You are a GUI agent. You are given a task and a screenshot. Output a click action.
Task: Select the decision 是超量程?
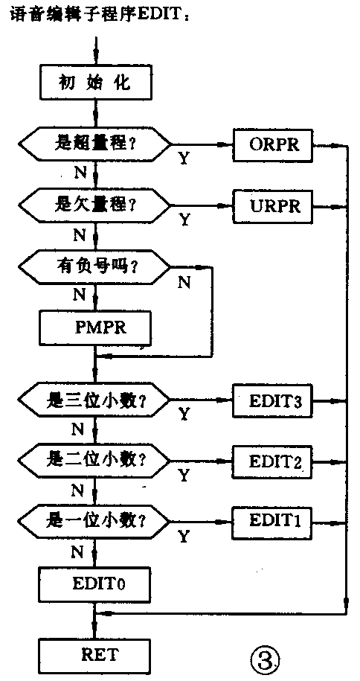94,144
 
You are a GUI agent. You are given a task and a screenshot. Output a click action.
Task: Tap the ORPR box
270,144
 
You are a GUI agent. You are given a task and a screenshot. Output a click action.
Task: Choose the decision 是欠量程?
94,203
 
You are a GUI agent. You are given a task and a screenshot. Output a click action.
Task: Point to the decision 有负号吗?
94,264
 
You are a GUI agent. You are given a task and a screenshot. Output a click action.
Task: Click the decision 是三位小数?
94,400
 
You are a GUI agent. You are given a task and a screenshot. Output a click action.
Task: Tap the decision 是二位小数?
94,459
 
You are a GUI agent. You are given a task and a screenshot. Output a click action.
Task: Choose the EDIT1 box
270,519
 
